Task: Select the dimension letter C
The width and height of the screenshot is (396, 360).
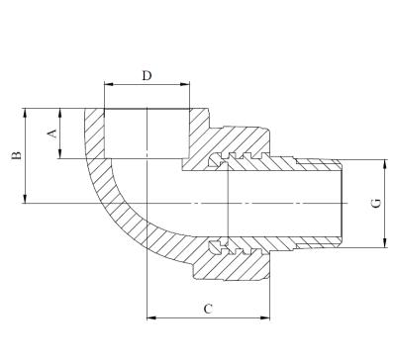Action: (208, 309)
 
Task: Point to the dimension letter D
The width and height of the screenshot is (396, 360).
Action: (147, 75)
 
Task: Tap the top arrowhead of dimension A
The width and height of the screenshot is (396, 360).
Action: (60, 112)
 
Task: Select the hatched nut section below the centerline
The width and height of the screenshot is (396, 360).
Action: (238, 265)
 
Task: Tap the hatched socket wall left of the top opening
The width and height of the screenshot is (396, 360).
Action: (95, 134)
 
